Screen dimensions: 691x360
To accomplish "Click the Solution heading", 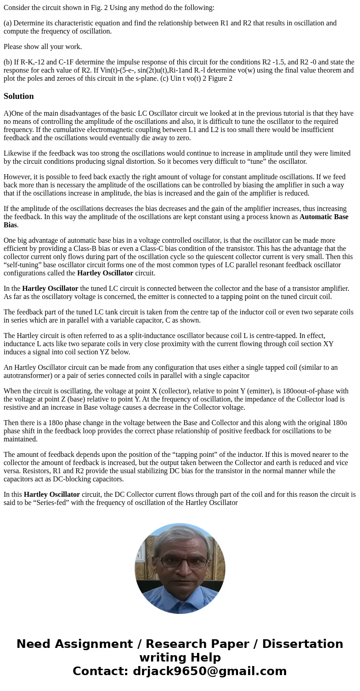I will tap(19, 96).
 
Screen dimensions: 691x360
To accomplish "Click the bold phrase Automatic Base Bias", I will tap(324, 217).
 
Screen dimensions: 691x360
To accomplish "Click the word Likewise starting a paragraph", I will tap(18, 153).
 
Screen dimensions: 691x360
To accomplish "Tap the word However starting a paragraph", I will tap(17, 177).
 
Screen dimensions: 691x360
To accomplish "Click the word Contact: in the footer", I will tap(100, 671).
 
